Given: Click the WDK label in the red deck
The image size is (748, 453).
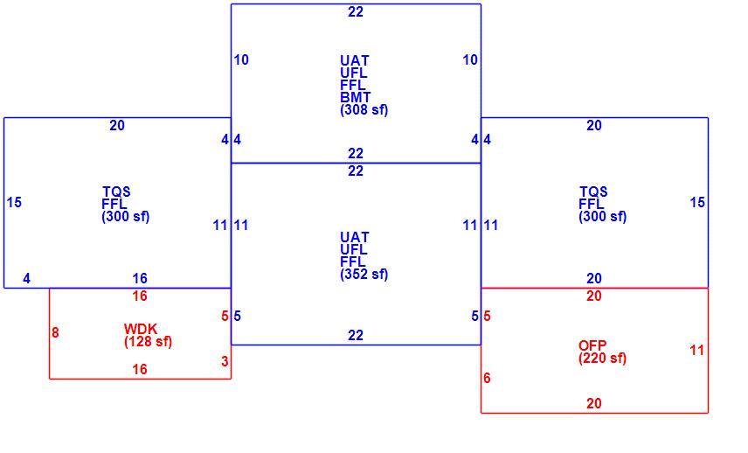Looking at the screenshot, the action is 140,329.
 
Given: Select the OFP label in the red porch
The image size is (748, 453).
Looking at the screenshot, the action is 592,345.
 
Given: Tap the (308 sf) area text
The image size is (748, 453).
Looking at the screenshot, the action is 364,110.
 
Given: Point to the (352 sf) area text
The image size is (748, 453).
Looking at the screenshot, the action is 364,275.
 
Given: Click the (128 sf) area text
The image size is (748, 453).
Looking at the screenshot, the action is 148,342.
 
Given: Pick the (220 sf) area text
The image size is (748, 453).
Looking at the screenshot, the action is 602,359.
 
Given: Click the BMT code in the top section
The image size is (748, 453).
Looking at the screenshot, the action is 356,97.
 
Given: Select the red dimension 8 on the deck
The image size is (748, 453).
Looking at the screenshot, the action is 55,332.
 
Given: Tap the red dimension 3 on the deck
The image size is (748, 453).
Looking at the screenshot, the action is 225,362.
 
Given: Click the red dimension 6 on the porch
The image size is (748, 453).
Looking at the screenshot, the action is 487,378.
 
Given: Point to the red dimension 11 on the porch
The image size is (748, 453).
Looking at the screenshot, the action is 697,351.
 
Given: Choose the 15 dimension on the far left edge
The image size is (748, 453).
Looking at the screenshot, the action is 14,202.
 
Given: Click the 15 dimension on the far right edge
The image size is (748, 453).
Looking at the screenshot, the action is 697,202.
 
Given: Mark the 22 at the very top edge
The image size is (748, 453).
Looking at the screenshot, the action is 356,12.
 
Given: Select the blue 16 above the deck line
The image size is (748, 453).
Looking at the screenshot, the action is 140,278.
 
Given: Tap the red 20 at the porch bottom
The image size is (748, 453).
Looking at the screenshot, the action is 594,403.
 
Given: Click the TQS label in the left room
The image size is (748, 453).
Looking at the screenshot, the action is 116,192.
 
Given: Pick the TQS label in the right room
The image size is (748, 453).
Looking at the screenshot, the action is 593,192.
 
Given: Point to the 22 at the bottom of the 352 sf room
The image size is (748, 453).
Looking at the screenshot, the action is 356,336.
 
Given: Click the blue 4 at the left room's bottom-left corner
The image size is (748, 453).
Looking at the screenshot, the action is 27,278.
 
